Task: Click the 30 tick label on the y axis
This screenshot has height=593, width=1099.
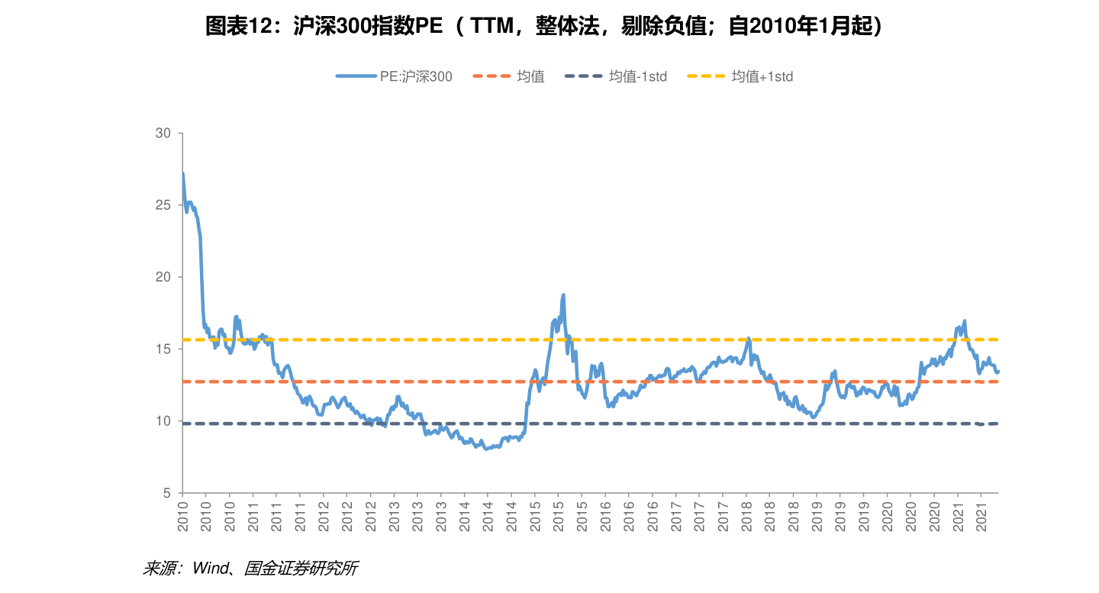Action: click(x=163, y=133)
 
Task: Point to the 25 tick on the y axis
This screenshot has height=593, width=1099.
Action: click(x=163, y=205)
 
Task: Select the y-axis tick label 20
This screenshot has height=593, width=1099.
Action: click(x=163, y=276)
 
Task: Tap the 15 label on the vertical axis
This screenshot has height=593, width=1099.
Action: click(x=163, y=349)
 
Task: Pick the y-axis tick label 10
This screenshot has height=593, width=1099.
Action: click(x=163, y=421)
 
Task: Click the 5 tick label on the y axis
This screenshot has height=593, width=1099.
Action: click(x=167, y=493)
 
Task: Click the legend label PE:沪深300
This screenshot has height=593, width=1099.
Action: click(x=416, y=76)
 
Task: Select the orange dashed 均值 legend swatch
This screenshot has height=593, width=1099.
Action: click(x=491, y=76)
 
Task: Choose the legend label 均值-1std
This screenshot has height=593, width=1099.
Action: click(x=638, y=76)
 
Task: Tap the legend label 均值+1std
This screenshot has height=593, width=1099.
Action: click(x=762, y=76)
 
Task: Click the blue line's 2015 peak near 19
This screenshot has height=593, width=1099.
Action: click(x=563, y=295)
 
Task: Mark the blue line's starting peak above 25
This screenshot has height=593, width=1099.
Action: click(x=183, y=173)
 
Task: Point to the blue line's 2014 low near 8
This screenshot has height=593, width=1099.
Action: click(x=486, y=449)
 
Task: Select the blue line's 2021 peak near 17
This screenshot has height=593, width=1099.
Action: click(x=965, y=321)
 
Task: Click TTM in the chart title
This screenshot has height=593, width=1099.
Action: click(x=491, y=26)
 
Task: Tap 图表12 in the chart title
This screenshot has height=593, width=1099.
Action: click(x=238, y=26)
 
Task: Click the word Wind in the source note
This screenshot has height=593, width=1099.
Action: click(x=211, y=569)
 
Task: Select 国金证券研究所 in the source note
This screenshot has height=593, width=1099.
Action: click(x=301, y=569)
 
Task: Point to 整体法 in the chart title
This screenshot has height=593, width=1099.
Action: click(x=568, y=26)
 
